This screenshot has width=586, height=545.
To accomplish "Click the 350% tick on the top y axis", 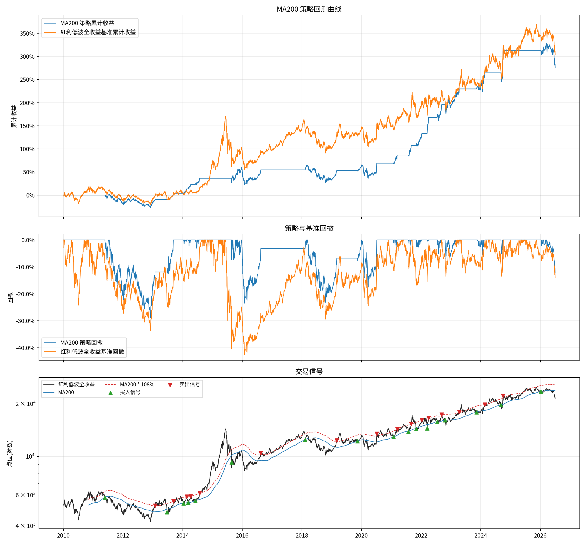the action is point(27,34).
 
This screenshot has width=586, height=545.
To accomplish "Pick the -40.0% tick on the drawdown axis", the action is point(25,348).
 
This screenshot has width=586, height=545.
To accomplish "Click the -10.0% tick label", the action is point(25,267).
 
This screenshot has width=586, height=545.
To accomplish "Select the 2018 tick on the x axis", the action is point(302,535).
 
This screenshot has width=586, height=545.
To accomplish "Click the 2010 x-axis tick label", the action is point(63,535).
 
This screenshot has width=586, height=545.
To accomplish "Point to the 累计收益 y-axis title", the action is point(14,116).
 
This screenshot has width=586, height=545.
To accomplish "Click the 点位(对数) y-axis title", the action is point(10,453).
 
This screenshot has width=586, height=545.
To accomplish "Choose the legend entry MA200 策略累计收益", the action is point(87,23).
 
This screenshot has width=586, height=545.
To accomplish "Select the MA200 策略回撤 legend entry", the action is point(82,342).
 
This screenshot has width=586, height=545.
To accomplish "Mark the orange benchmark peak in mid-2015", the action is point(226,116).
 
